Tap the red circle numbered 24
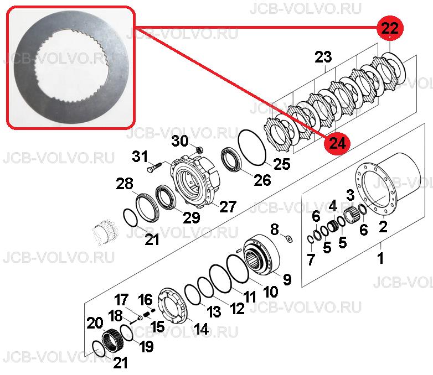(337, 143)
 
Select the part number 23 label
(323, 58)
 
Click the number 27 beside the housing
(228, 206)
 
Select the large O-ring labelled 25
(252, 148)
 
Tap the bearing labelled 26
(231, 162)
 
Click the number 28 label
(125, 184)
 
